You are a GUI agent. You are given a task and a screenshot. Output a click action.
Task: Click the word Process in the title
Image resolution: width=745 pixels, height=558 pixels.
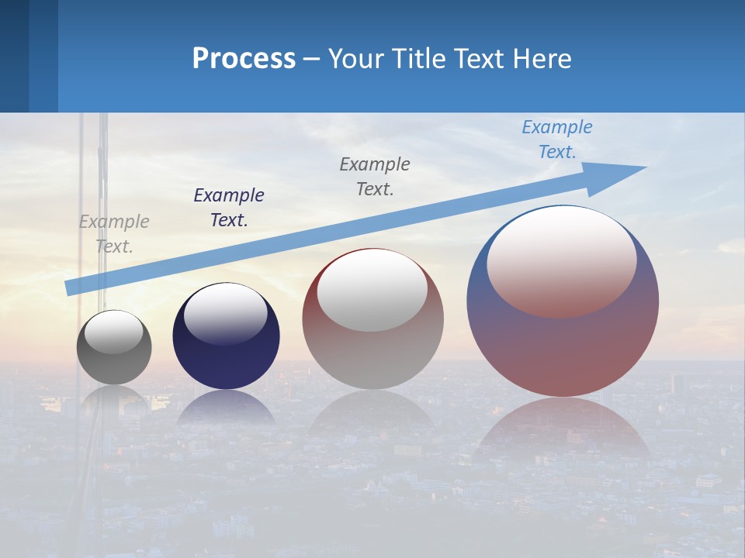[244, 59]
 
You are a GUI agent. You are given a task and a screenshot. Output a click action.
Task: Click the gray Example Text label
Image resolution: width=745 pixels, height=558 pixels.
[114, 234]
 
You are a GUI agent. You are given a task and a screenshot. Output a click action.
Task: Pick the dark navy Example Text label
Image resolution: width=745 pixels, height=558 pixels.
[229, 208]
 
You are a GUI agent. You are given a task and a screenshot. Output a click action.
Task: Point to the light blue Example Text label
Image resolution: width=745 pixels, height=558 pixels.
[557, 139]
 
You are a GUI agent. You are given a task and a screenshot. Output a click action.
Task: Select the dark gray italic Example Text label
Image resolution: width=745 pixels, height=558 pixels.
[375, 177]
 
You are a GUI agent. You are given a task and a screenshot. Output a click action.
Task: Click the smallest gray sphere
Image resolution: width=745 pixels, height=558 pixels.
[114, 364]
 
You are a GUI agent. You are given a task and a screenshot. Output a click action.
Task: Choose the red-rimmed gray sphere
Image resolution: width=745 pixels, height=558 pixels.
[372, 356]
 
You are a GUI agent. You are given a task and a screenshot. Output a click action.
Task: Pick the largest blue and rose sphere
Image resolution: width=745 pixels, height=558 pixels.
[563, 349]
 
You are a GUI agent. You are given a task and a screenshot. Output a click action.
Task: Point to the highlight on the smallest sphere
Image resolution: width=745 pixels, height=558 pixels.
[114, 331]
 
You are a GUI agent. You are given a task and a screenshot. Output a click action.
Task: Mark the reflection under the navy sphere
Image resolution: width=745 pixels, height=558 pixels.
[226, 407]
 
